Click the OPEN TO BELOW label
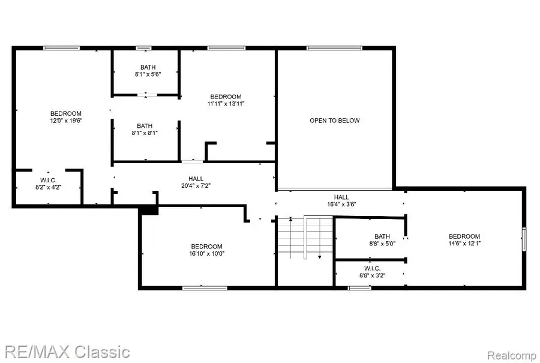click(334, 121)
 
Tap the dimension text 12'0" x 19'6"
click(65, 121)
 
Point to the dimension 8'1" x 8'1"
click(145, 134)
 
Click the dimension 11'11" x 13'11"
click(226, 104)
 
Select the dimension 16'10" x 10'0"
click(207, 254)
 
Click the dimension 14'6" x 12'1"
click(464, 243)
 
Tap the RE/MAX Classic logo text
click(65, 351)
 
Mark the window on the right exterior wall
click(524, 239)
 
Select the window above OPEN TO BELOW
click(334, 47)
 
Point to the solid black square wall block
click(149, 209)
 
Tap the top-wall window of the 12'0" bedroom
click(61, 47)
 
